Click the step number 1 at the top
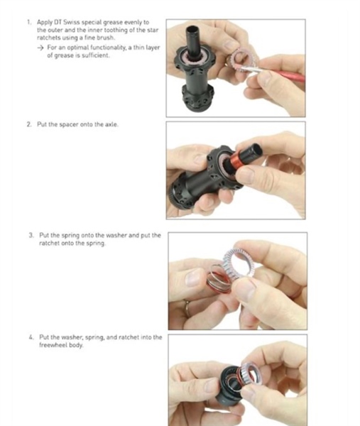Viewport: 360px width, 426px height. (28, 22)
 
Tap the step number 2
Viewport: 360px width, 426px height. (29, 124)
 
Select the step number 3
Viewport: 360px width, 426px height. (31, 235)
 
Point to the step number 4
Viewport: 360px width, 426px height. (31, 337)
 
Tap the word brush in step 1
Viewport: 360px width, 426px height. (106, 38)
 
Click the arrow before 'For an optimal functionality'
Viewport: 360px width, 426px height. (40, 48)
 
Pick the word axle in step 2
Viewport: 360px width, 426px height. (111, 124)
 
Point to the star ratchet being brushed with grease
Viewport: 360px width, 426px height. (241, 60)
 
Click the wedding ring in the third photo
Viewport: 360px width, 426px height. (187, 307)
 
